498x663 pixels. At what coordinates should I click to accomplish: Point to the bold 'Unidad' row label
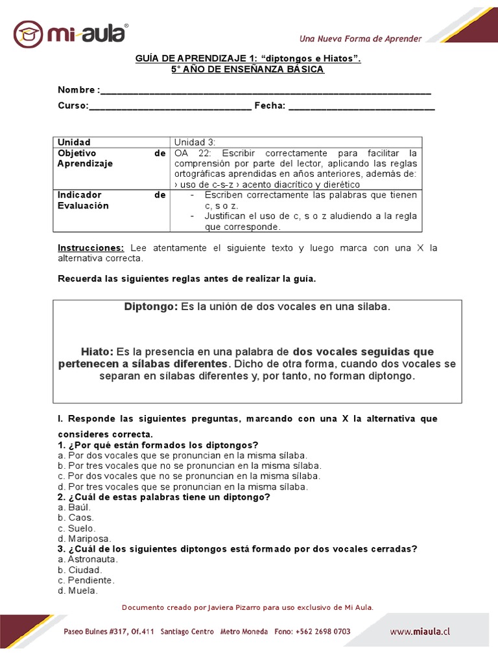pos(74,142)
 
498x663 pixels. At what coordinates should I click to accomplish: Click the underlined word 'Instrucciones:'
pos(91,248)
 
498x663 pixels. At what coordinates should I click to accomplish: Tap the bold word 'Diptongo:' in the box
pos(150,306)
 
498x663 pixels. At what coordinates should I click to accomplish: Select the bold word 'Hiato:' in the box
pos(97,352)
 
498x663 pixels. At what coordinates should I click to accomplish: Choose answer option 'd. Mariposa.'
pos(84,538)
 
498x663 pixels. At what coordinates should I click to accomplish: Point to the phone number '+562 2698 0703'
pos(323,631)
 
